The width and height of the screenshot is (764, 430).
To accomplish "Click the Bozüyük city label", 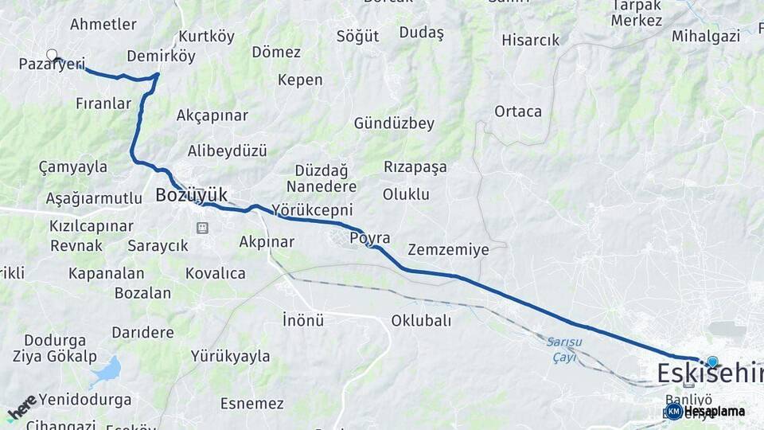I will pyautogui.click(x=191, y=194).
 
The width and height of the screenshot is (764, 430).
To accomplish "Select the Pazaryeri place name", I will pyautogui.click(x=52, y=64).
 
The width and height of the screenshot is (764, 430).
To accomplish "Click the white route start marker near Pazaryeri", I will pyautogui.click(x=52, y=55).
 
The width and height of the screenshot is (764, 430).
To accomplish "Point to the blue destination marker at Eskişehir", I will pyautogui.click(x=711, y=362).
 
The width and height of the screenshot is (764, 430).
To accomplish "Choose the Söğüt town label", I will pyautogui.click(x=357, y=36).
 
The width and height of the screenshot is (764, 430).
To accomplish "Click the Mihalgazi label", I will pyautogui.click(x=705, y=36).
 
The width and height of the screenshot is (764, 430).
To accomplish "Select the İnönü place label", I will pyautogui.click(x=303, y=320).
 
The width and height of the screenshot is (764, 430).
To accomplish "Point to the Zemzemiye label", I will pyautogui.click(x=448, y=249).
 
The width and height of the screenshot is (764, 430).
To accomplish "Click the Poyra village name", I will pyautogui.click(x=370, y=238).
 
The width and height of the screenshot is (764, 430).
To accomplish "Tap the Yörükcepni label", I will pyautogui.click(x=312, y=210).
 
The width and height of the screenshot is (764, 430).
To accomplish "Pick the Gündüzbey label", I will pyautogui.click(x=394, y=123).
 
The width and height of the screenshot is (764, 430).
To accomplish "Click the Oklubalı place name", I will pyautogui.click(x=421, y=320).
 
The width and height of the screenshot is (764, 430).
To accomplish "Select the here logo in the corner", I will pyautogui.click(x=21, y=408).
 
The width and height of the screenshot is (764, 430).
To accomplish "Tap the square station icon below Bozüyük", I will pyautogui.click(x=202, y=229).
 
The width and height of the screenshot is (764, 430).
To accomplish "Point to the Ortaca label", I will pyautogui.click(x=517, y=111).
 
